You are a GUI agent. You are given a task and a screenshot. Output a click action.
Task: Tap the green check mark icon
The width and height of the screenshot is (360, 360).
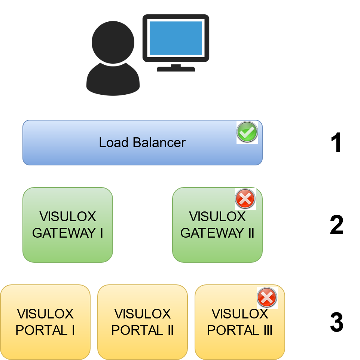(247, 132)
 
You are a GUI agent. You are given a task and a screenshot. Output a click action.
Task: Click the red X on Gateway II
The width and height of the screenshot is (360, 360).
(245, 198)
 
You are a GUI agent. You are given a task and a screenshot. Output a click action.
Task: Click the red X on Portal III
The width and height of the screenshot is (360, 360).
(266, 298)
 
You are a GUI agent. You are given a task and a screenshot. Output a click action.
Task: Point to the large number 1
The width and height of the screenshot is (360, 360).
(336, 143)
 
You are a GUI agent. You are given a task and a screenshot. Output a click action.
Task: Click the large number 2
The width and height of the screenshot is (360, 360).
(336, 225)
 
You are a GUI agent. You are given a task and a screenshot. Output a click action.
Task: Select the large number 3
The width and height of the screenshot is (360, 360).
(336, 323)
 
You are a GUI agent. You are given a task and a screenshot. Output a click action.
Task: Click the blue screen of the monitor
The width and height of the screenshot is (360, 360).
(176, 38)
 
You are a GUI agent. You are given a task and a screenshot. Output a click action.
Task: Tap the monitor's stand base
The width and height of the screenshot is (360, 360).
(176, 69)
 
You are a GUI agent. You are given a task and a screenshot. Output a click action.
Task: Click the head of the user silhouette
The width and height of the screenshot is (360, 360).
(113, 42)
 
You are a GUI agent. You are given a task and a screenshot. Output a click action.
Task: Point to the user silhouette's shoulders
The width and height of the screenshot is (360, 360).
(113, 80)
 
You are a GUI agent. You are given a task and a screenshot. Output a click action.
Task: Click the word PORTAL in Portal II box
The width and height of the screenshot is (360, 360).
(135, 330)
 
